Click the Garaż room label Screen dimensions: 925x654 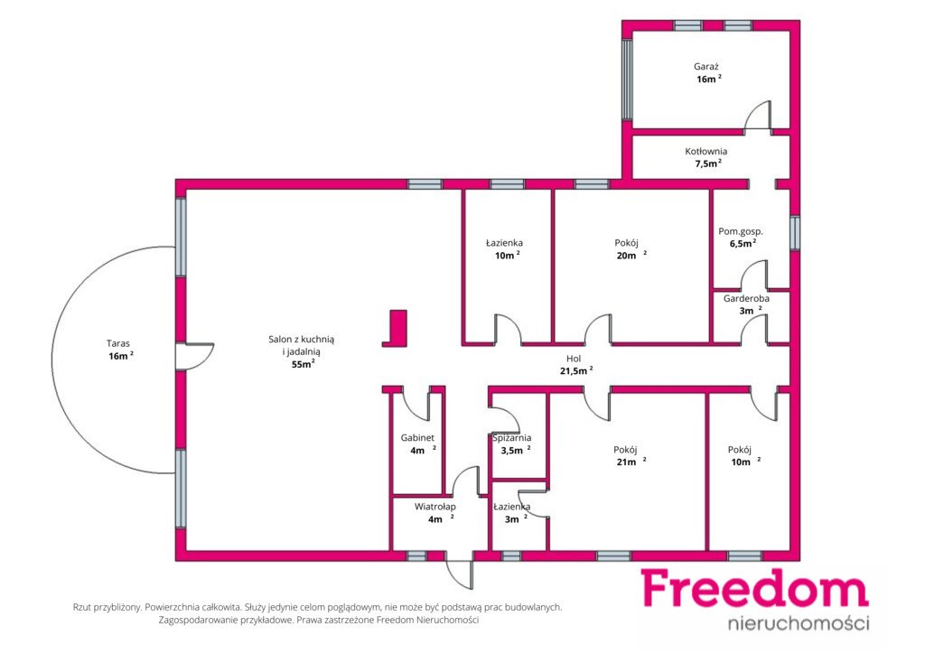click(x=705, y=67)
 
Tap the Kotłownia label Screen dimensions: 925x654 click(x=705, y=151)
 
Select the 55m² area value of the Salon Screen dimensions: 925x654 click(x=304, y=364)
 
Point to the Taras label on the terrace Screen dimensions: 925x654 click(x=118, y=343)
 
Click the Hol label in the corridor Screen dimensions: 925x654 click(x=574, y=359)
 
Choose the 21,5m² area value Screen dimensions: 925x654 click(x=575, y=371)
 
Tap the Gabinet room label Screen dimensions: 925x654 click(x=417, y=437)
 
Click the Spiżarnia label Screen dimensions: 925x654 click(x=512, y=437)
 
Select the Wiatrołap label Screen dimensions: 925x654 click(x=434, y=507)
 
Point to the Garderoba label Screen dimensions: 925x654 click(x=746, y=298)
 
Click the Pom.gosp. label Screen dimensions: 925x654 click(x=741, y=232)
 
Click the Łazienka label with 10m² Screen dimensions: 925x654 click(x=504, y=242)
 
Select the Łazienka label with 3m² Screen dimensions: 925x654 click(x=511, y=507)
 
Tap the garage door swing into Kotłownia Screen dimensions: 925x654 click(x=757, y=115)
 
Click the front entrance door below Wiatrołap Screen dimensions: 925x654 click(x=460, y=573)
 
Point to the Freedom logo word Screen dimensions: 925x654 click(x=754, y=589)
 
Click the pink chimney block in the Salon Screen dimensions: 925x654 click(x=397, y=328)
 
